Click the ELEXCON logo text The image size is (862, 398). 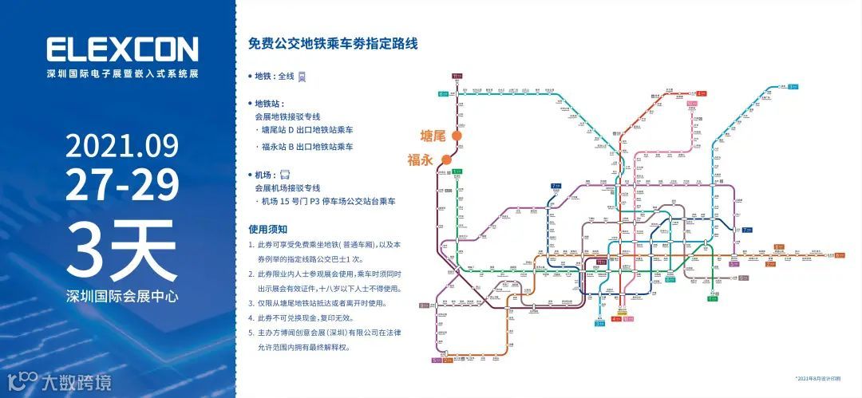click(x=121, y=50)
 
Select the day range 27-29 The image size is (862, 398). click(x=121, y=185)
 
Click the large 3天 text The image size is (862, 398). click(x=121, y=248)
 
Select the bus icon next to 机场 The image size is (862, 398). click(x=286, y=174)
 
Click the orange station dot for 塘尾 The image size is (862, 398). click(x=457, y=136)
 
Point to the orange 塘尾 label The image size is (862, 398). click(x=434, y=136)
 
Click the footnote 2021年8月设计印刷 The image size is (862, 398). click(x=817, y=378)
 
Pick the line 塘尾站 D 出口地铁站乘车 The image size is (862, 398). click(x=307, y=129)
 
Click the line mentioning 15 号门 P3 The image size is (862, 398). click(x=329, y=202)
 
